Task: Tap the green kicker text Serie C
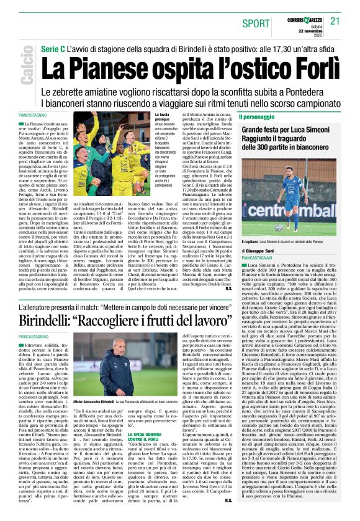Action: pyautogui.click(x=54, y=48)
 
